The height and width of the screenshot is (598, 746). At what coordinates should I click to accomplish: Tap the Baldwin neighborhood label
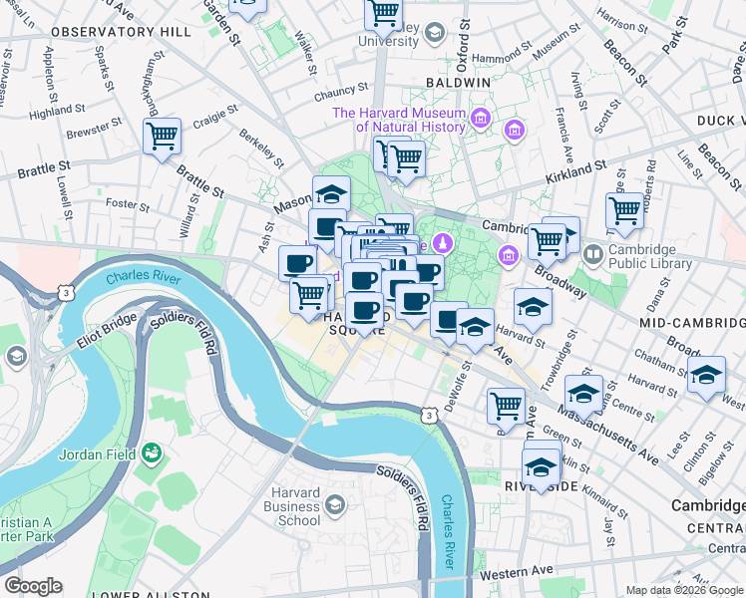point(458,83)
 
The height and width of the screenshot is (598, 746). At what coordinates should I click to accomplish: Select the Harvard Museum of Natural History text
point(399,120)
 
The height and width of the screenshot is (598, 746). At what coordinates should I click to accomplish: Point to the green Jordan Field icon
point(152,454)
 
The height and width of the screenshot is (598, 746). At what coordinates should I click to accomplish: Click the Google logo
point(33,586)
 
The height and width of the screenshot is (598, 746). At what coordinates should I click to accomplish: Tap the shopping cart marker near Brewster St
point(162,137)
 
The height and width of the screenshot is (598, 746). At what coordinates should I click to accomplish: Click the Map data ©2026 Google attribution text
point(684,590)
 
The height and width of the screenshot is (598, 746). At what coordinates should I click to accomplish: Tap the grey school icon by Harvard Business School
point(336,507)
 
